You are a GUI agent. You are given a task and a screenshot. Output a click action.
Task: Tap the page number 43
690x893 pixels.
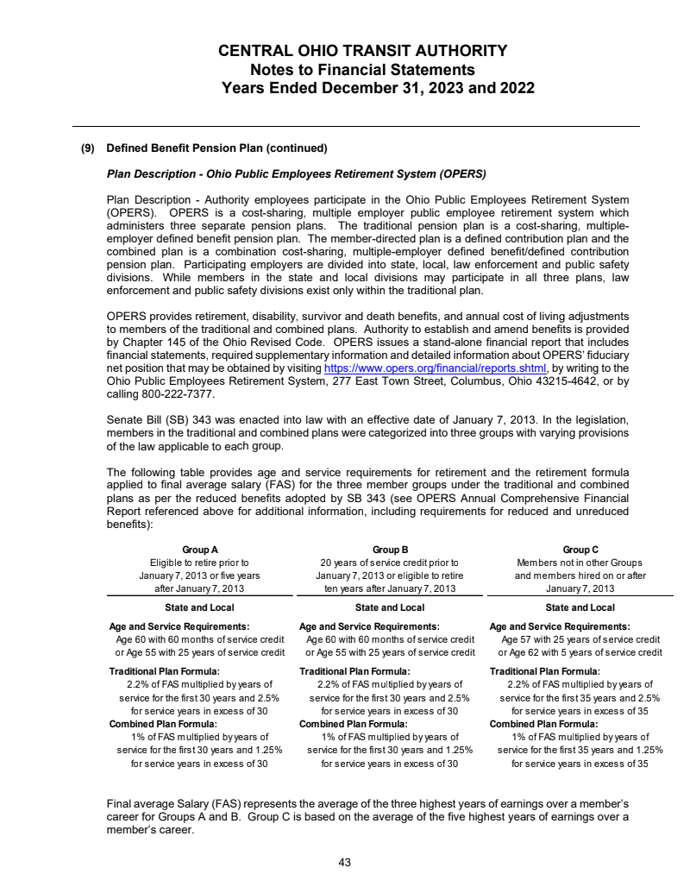(x=345, y=862)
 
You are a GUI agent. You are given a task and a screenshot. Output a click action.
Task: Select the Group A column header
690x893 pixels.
(x=200, y=549)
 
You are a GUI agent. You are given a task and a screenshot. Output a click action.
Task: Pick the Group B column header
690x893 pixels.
(x=390, y=549)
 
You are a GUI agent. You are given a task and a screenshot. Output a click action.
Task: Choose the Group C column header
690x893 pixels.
(x=580, y=549)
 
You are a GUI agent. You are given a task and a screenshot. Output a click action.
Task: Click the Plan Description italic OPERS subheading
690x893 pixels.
(x=296, y=172)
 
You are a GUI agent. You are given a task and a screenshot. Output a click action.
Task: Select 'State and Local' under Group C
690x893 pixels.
(x=580, y=607)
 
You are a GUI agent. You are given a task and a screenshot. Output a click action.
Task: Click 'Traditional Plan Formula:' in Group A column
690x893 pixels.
(x=165, y=670)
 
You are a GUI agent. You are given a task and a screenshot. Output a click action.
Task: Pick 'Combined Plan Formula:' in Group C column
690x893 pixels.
(x=543, y=724)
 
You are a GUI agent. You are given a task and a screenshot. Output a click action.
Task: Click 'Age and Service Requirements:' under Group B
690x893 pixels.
(x=369, y=626)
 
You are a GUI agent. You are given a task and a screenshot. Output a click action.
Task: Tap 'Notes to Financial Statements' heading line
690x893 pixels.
(x=362, y=69)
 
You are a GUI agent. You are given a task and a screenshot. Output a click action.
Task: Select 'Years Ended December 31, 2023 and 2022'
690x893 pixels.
(x=377, y=88)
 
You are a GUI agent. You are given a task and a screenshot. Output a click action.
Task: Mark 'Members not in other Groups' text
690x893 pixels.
(x=580, y=563)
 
